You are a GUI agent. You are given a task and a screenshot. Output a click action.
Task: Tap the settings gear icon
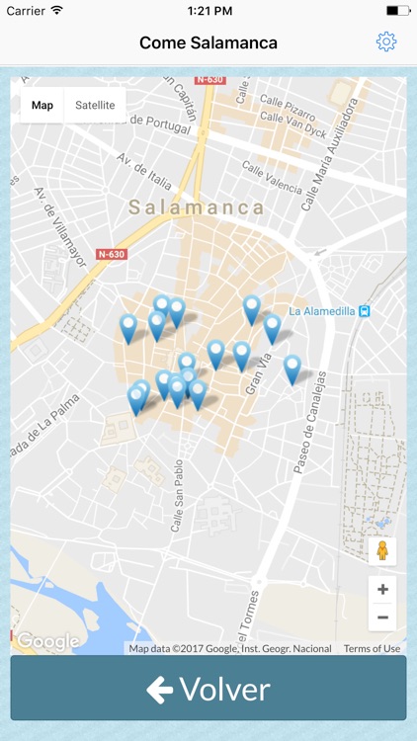386,41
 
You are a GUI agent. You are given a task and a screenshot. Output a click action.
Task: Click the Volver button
208,689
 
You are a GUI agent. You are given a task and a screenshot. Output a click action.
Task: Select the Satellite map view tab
95,105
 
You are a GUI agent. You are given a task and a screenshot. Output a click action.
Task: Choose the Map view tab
42,105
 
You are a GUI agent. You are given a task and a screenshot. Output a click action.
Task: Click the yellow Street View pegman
382,550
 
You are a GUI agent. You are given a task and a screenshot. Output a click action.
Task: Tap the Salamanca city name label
197,207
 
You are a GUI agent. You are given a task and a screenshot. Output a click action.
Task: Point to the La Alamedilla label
322,310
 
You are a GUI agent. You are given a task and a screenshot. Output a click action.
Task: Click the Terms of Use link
372,648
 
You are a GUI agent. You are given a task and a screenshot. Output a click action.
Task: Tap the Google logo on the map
46,641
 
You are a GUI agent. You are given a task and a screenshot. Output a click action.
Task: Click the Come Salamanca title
208,42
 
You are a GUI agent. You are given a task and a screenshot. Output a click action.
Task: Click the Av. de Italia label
144,172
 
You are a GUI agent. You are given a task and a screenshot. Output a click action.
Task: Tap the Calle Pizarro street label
288,101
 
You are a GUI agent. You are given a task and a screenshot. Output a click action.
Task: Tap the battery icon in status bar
398,10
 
